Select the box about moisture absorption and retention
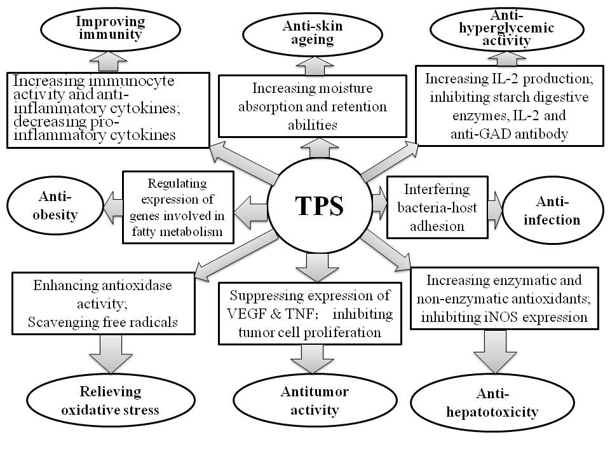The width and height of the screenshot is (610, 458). pos(312,106)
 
